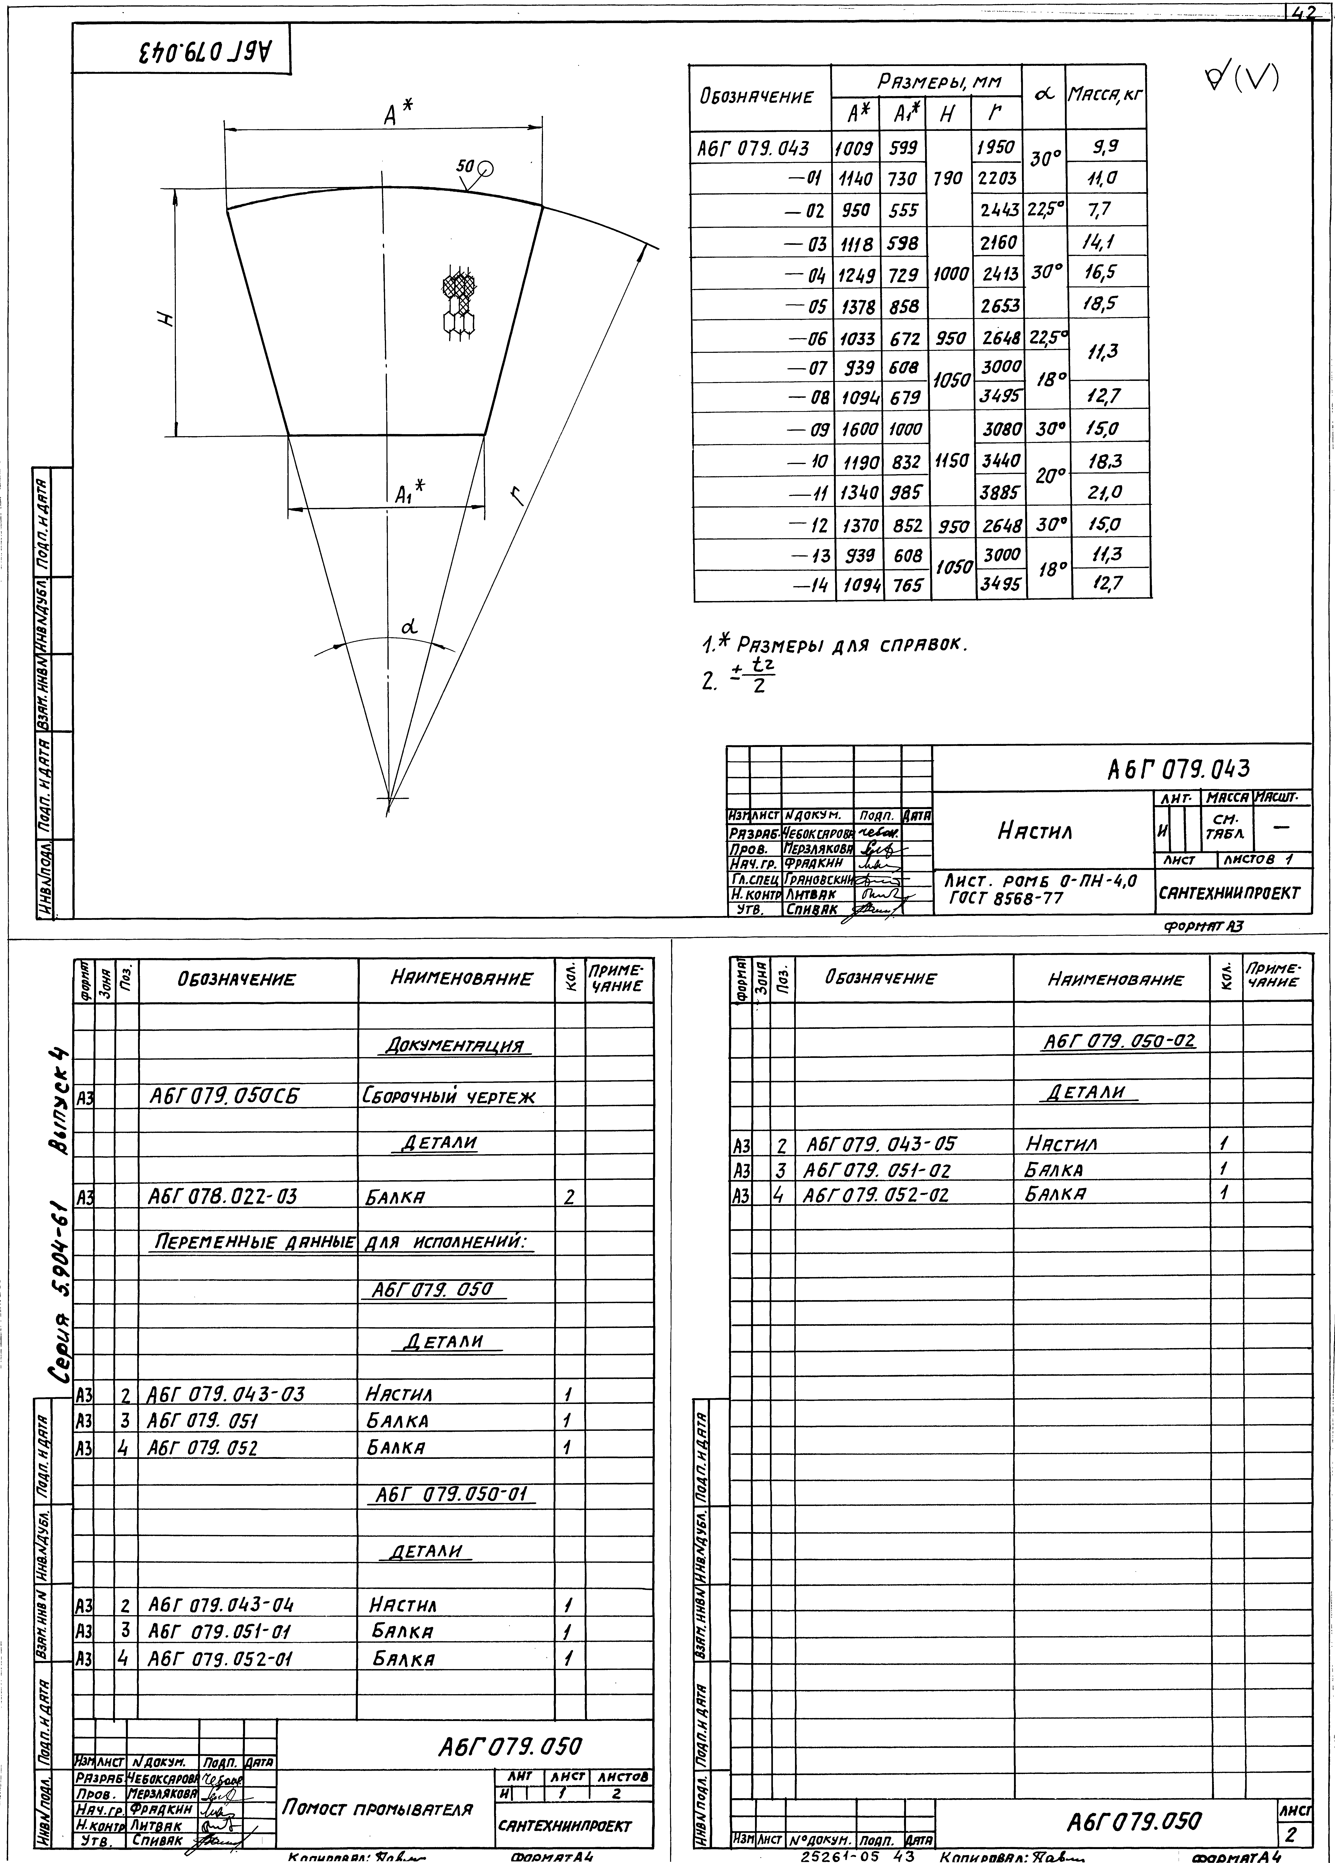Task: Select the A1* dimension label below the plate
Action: point(408,494)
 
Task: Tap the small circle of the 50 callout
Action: point(486,168)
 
